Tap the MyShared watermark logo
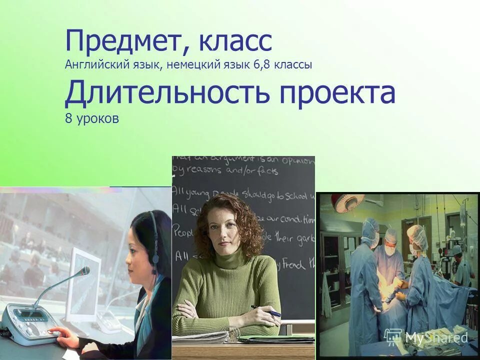(426, 337)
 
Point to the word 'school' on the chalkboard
(296, 195)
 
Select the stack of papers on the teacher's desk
(200, 338)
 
